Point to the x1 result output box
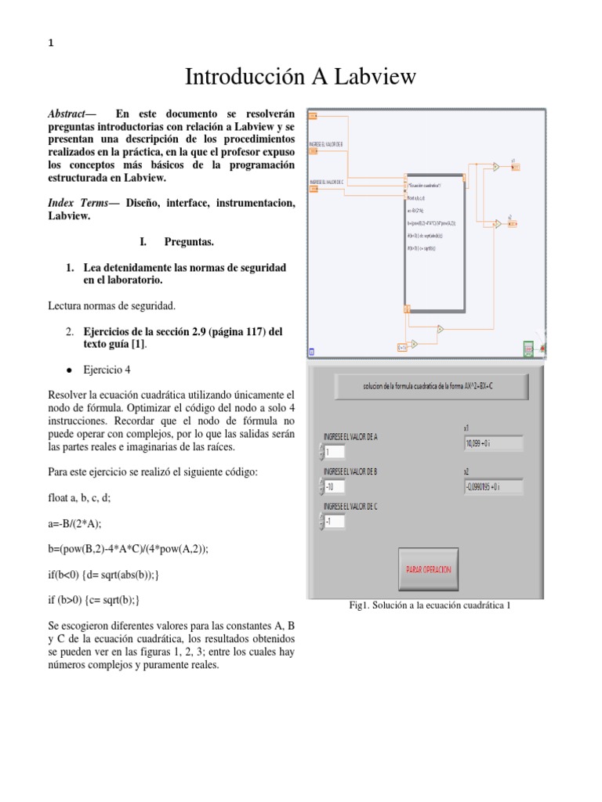493,443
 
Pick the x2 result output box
493,487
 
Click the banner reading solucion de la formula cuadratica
431,385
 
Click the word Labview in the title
377,77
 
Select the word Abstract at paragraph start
68,114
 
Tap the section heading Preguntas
190,242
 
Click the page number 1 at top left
51,44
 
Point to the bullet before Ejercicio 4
70,369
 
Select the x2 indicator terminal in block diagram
512,224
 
